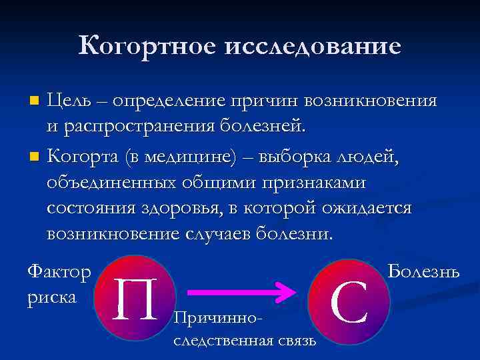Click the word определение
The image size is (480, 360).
(x=169, y=101)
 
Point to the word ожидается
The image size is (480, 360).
(x=361, y=208)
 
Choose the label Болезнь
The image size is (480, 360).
(x=423, y=272)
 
